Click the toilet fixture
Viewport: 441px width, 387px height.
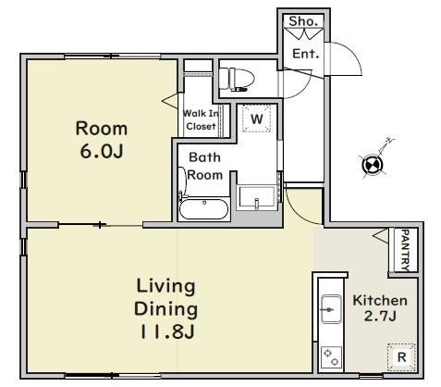[237, 80]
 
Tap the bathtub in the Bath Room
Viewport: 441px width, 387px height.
[204, 208]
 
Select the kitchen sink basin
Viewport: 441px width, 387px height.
[331, 309]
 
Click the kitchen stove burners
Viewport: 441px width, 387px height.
[331, 357]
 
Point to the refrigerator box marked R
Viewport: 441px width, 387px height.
[401, 357]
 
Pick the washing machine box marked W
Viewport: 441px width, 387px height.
[256, 119]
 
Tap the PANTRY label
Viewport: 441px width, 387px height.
[406, 250]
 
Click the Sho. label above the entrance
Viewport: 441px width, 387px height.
[303, 21]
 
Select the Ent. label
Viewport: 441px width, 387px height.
[305, 54]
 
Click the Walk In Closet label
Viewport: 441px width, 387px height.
[201, 119]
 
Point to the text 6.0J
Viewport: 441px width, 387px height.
[102, 151]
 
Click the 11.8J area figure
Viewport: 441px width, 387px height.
[166, 332]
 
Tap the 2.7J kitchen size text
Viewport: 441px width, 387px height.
[380, 316]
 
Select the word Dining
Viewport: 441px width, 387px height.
[166, 309]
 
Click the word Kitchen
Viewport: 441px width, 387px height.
[380, 300]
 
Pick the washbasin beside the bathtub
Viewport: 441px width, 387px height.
[257, 196]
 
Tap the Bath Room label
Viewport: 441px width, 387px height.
[205, 167]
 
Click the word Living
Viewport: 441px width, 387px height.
[165, 287]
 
